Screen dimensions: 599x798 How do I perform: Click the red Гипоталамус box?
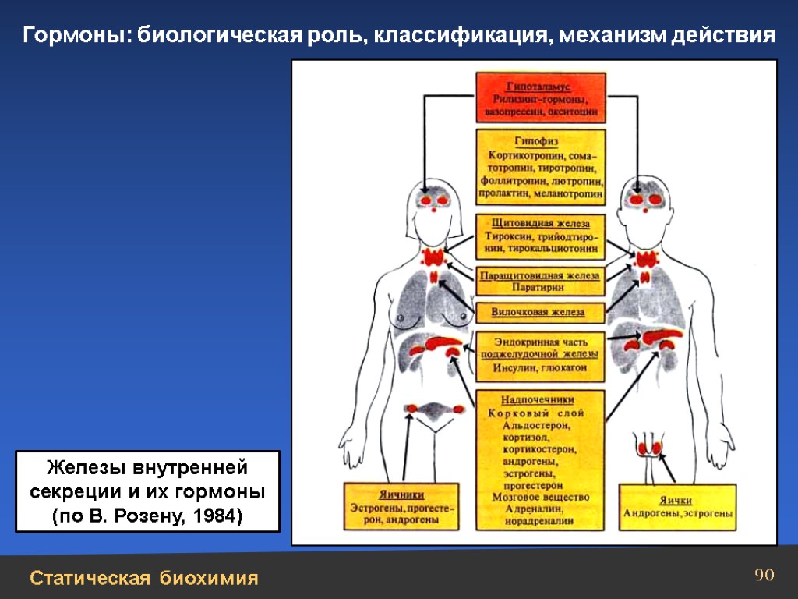(x=541, y=97)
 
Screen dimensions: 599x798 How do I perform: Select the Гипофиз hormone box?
(x=541, y=166)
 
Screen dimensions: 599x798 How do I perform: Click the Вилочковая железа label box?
(x=539, y=313)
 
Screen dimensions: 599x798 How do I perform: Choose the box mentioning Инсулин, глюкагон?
(x=539, y=355)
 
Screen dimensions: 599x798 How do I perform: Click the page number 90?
(x=764, y=576)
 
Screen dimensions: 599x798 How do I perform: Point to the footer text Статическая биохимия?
(x=144, y=578)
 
